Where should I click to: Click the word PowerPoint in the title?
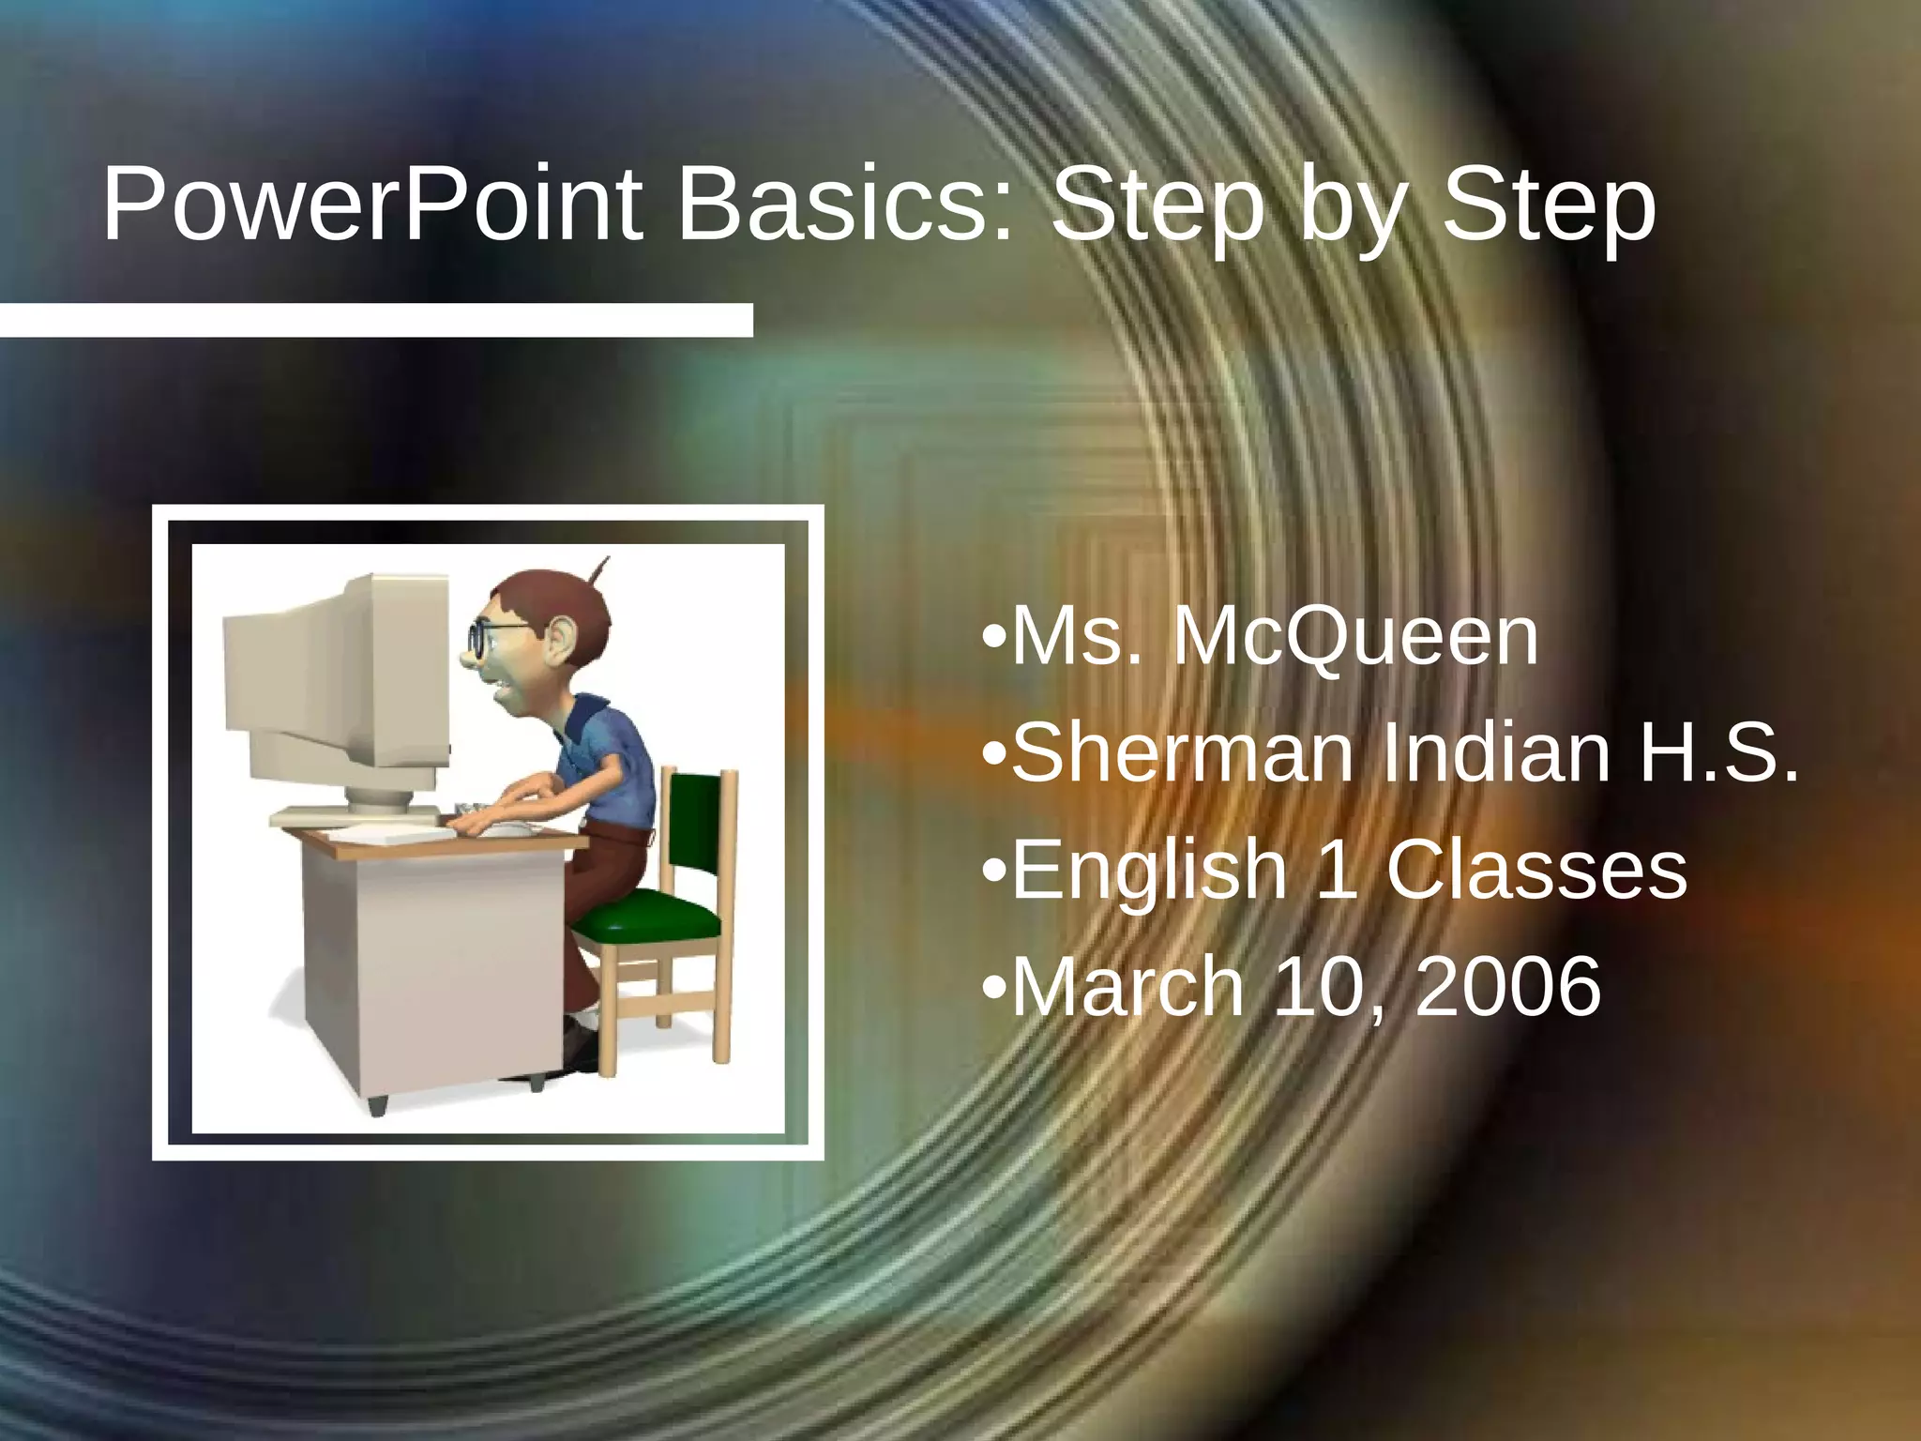click(x=372, y=205)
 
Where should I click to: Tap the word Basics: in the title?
click(x=845, y=205)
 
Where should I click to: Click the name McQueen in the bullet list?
click(x=1355, y=638)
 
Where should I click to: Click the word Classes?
click(x=1536, y=870)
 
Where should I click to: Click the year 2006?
click(x=1507, y=986)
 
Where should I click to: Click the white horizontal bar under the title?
click(x=375, y=320)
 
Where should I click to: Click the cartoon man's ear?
click(x=559, y=645)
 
